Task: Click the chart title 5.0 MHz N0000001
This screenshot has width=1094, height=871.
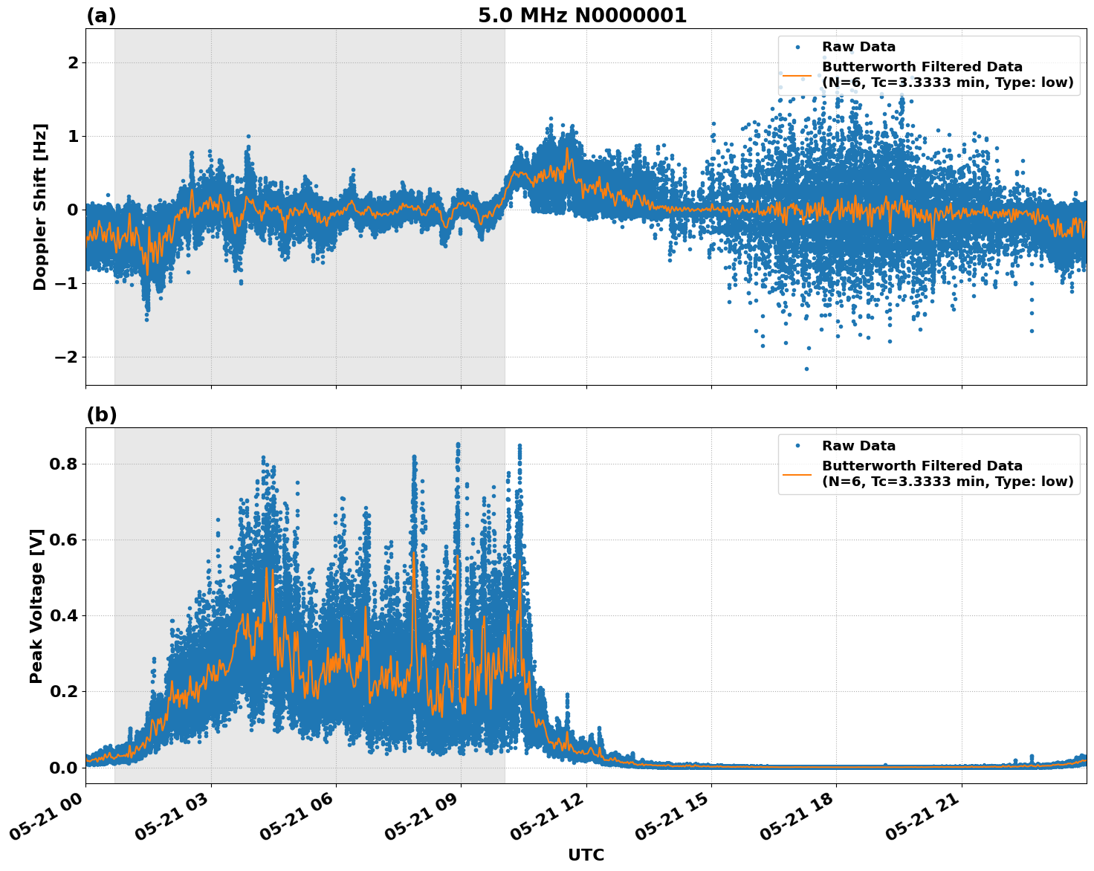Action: coord(582,16)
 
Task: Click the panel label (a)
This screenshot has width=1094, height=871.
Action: coord(101,16)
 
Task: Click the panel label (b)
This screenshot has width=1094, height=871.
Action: coord(101,415)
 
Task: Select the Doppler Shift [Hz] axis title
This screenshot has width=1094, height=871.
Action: coord(40,207)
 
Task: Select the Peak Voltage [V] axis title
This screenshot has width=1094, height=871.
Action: coord(36,606)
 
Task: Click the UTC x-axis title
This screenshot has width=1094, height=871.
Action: coord(586,855)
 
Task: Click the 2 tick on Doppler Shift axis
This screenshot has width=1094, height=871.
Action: coord(73,62)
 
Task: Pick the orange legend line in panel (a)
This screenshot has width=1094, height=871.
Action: coord(797,75)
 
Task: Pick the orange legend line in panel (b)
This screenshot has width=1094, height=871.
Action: coord(797,474)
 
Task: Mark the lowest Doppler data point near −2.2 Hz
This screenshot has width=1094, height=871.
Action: coord(806,369)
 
